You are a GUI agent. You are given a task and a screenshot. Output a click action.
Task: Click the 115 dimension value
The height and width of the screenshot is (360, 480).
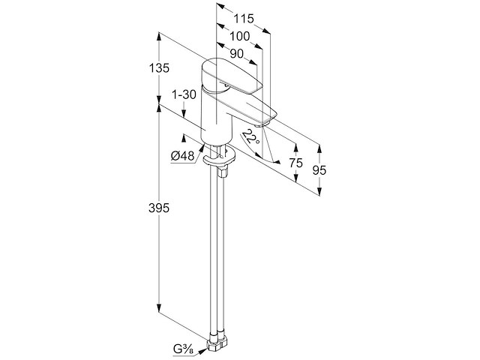click(x=244, y=19)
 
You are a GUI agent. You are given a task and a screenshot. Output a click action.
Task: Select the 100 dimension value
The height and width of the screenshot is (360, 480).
click(x=240, y=37)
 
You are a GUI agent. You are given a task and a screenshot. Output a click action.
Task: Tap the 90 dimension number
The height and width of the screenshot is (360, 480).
click(x=236, y=54)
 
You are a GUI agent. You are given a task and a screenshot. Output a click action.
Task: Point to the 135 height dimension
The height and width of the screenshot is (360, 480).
click(x=159, y=68)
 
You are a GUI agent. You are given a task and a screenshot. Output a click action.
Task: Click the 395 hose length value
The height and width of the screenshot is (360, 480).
click(x=159, y=208)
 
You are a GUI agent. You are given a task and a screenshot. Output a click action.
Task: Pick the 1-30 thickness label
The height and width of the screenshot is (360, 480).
click(x=184, y=95)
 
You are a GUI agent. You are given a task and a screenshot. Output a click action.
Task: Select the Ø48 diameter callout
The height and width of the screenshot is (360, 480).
click(x=183, y=157)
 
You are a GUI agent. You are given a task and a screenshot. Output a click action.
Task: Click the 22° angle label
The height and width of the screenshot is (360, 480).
click(x=250, y=136)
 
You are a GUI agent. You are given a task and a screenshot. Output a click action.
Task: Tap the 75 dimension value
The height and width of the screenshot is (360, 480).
click(x=295, y=163)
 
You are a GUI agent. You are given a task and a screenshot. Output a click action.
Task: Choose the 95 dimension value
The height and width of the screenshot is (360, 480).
click(x=319, y=170)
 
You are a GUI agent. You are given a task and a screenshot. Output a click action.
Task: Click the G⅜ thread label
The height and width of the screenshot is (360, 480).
click(x=183, y=349)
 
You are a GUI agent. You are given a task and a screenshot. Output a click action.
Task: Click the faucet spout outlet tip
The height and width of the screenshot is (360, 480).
click(x=261, y=124)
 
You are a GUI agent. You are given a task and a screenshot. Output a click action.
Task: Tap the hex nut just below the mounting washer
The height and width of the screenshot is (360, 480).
click(x=223, y=172)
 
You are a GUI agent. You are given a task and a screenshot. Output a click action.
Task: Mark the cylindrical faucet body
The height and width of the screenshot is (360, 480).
click(x=217, y=116)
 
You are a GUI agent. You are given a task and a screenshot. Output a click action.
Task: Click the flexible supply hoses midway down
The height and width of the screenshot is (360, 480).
click(x=217, y=254)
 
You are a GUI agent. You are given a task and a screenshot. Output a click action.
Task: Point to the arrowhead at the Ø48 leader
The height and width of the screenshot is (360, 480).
click(x=202, y=148)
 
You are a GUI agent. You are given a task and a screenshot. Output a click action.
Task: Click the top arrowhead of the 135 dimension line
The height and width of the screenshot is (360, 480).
click(x=159, y=36)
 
